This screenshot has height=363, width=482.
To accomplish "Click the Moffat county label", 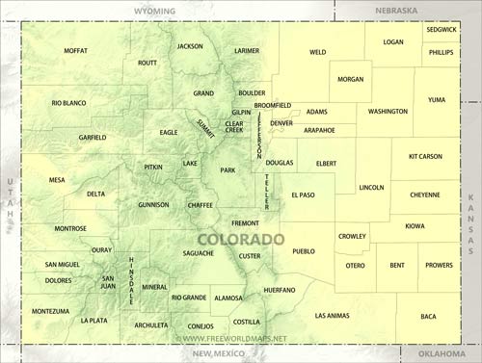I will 75,50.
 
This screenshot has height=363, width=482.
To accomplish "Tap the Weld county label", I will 317,52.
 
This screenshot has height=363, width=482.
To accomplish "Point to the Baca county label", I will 428,316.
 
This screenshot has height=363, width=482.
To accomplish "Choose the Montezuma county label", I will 50,311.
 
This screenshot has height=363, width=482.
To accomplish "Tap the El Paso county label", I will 303,195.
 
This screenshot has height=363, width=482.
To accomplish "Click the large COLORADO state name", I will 241,239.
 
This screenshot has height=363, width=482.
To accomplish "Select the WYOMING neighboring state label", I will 155,10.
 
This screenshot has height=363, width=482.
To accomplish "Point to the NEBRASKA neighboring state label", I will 395,10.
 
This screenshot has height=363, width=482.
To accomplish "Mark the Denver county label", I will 281,123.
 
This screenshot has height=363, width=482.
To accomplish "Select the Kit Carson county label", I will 424,156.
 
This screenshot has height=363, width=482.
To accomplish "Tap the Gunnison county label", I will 153,204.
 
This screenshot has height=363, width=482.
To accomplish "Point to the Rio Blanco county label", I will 68,102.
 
